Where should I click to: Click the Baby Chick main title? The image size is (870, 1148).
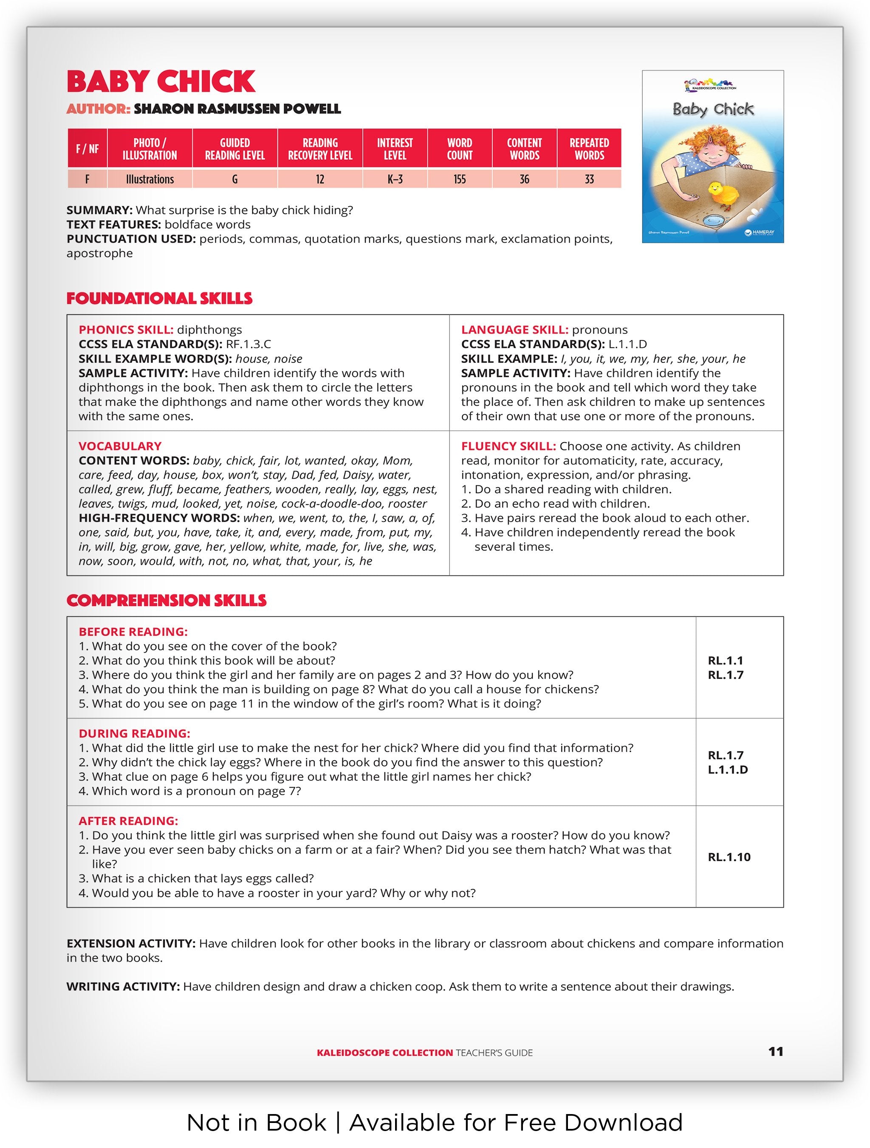point(161,81)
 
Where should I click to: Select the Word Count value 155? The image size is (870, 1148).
point(459,179)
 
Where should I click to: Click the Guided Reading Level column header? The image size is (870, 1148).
point(235,149)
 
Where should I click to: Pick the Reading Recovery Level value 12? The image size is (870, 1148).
point(320,179)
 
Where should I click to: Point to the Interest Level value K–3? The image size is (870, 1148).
point(395,179)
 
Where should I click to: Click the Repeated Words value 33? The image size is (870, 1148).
point(589,179)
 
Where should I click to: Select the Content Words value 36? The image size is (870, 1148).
point(524,179)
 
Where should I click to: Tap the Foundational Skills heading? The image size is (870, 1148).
point(159,298)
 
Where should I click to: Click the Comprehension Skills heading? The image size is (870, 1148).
point(166,601)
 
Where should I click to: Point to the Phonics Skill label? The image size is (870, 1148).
point(126,330)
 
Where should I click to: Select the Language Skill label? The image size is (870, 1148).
point(514,330)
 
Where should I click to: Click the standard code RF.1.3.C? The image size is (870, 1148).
point(248,344)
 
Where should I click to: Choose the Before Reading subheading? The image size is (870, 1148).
point(133,632)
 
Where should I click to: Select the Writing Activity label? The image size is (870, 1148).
point(123,987)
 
